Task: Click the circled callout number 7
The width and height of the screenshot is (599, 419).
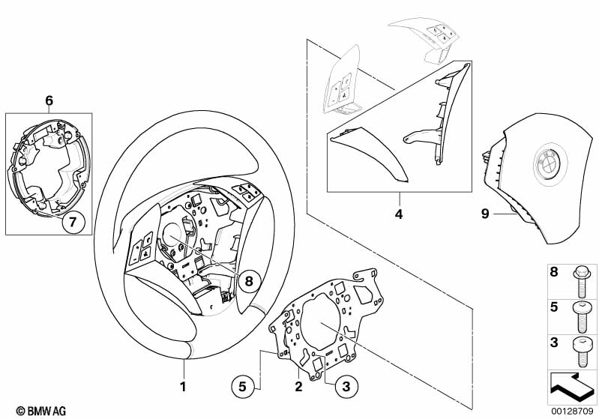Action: [x=73, y=221]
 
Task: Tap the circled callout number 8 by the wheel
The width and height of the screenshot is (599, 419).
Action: [x=250, y=283]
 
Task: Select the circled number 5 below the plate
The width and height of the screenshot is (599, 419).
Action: [x=242, y=388]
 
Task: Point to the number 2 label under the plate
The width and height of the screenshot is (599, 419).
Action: [x=298, y=388]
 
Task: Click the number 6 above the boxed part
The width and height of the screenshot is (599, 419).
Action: [x=49, y=100]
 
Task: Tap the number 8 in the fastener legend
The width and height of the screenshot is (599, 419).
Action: [x=554, y=272]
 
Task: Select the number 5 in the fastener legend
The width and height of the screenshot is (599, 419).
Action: [x=554, y=307]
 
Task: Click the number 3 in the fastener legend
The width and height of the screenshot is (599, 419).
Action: [x=554, y=343]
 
